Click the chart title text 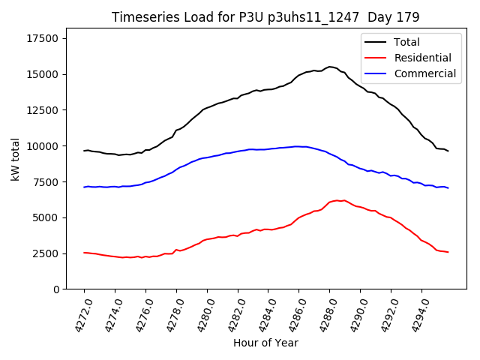pos(265,16)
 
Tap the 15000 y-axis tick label pos(44,74)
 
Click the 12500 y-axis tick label pos(44,110)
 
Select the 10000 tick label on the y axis pos(44,146)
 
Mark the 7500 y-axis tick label pos(47,182)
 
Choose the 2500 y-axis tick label pos(47,253)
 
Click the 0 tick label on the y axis pos(57,289)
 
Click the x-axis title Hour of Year pos(265,343)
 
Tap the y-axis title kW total pos(15,158)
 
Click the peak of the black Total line pos(330,67)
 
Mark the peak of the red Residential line pos(337,200)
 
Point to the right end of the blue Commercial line pos(448,187)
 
